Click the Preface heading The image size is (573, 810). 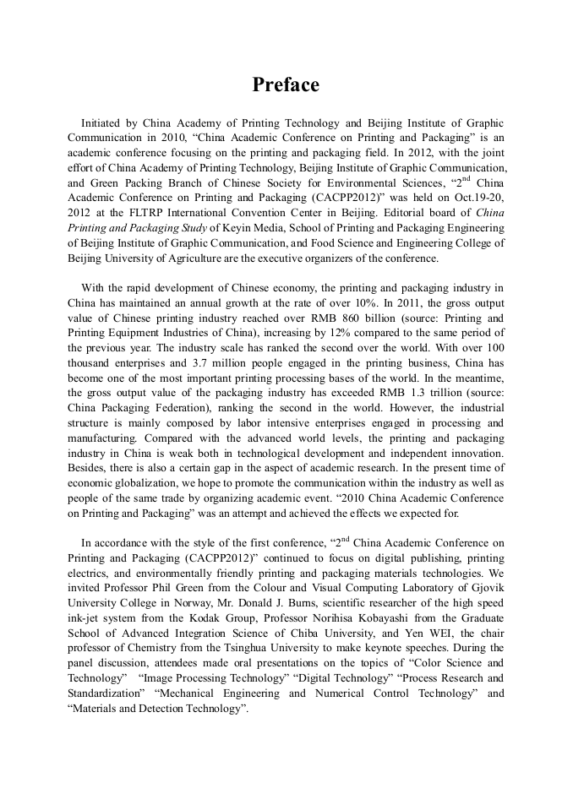[286, 85]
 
